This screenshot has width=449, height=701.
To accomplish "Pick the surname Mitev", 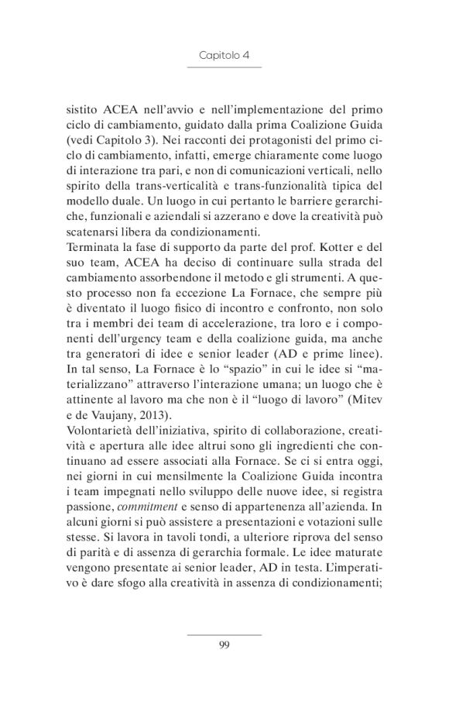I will (x=363, y=400).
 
